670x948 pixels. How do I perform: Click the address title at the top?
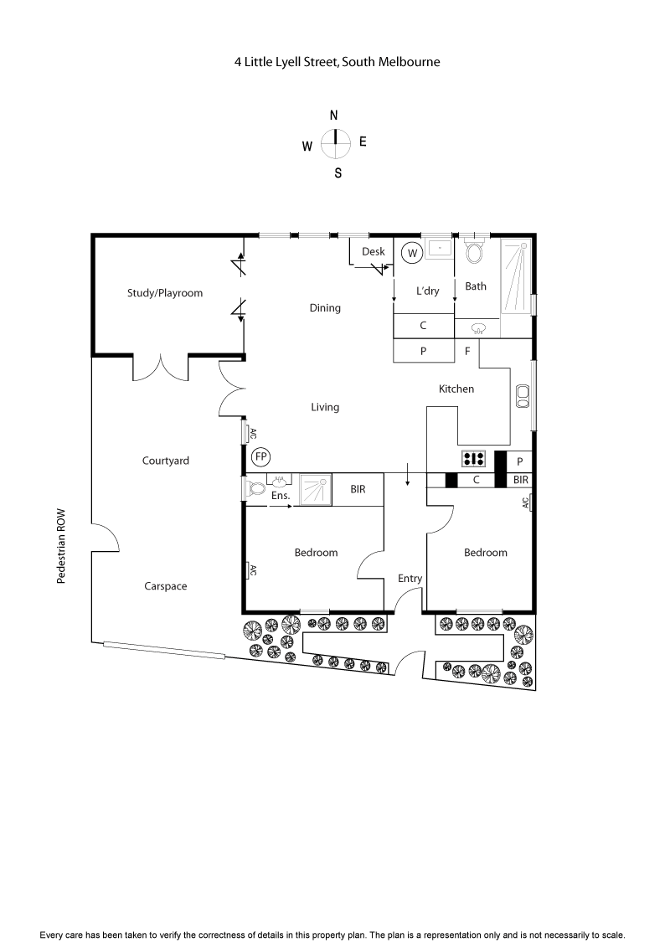337,61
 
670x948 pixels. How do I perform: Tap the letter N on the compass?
334,116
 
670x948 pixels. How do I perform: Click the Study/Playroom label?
165,293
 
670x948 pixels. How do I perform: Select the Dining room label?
325,308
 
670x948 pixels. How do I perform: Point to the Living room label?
325,408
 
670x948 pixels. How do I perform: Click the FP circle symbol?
261,457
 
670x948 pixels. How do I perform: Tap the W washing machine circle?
411,252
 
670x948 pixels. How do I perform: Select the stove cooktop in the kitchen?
474,459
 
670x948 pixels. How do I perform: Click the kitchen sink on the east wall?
523,395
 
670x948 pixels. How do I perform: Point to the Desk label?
373,252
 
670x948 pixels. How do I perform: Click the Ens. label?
280,496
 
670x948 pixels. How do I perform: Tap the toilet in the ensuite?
254,488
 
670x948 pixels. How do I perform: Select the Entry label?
410,579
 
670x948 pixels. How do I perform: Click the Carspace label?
165,586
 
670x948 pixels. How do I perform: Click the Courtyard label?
165,461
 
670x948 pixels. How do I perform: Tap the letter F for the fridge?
467,352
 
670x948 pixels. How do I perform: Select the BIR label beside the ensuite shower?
358,488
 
